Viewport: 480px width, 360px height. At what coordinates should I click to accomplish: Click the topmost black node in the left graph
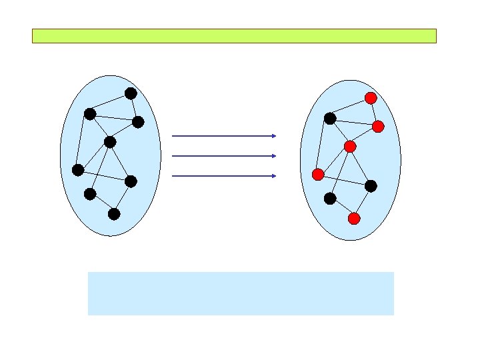131,93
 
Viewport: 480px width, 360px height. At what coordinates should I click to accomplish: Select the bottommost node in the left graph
114,214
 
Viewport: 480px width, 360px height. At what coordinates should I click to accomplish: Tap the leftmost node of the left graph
78,170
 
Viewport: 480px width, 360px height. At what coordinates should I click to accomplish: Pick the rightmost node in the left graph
138,121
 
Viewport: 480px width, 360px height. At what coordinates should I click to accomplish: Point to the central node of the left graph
110,142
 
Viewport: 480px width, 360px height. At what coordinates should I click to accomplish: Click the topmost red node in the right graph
371,98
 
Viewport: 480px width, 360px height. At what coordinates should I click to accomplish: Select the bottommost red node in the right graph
354,218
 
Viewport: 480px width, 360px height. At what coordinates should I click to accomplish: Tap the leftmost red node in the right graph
318,175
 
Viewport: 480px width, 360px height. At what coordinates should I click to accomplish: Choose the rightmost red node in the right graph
378,126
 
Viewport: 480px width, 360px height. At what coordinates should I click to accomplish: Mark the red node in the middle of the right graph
350,146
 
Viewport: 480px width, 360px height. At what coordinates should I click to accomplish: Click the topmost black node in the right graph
329,119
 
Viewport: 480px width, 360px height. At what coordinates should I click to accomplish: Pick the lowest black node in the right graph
329,198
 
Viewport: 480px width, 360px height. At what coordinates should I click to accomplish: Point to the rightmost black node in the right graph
371,186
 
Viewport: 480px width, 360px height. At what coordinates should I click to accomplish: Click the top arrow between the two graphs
224,136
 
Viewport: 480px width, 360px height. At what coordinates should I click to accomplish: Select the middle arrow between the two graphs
224,156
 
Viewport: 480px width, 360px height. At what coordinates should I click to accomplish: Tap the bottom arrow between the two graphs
224,176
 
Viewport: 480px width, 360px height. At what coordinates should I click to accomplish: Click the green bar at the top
234,36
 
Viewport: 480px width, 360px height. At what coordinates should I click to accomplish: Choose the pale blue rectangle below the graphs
241,293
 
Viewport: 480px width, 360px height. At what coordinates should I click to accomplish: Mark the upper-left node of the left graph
89,114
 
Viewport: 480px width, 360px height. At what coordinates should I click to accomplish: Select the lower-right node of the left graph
131,181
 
